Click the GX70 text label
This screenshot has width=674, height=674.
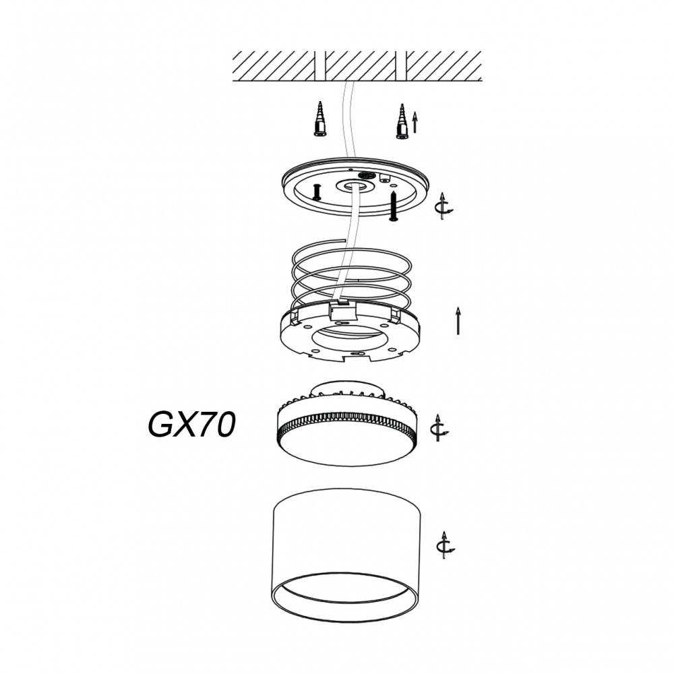[191, 425]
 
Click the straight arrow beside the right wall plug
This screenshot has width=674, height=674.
[415, 122]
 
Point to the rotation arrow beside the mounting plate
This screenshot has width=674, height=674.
[444, 206]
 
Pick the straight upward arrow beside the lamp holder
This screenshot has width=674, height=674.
[458, 321]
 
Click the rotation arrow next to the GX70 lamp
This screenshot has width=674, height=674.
[440, 428]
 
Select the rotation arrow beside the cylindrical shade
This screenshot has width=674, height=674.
[446, 545]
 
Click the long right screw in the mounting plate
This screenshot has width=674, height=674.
[394, 207]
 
